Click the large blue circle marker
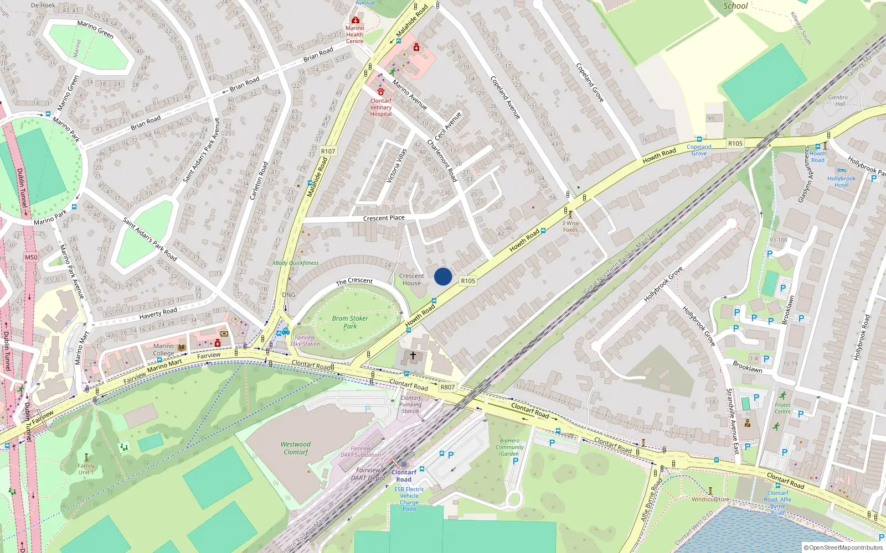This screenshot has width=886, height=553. click(x=443, y=276)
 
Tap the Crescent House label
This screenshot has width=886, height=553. click(x=411, y=279)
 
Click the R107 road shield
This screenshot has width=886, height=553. click(x=328, y=151)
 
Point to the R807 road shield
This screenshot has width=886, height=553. click(x=447, y=387)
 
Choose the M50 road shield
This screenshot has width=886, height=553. click(x=31, y=257)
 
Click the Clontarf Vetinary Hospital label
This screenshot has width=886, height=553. click(x=381, y=107)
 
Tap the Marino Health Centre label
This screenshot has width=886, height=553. click(x=355, y=34)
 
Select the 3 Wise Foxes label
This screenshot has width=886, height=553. click(x=570, y=226)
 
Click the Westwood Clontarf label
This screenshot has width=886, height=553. click(x=296, y=448)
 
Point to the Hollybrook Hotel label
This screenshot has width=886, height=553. click(x=841, y=181)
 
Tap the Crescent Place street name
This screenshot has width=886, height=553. click(x=384, y=218)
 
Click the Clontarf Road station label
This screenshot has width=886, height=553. click(x=404, y=476)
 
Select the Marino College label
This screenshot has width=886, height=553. click(x=163, y=349)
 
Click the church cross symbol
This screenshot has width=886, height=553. click(x=413, y=356)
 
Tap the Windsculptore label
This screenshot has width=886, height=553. click(x=710, y=499)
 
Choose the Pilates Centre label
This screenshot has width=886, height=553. click(x=782, y=408)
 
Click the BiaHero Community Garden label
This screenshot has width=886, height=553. click(x=509, y=447)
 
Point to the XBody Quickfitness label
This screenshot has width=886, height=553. click(x=295, y=263)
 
